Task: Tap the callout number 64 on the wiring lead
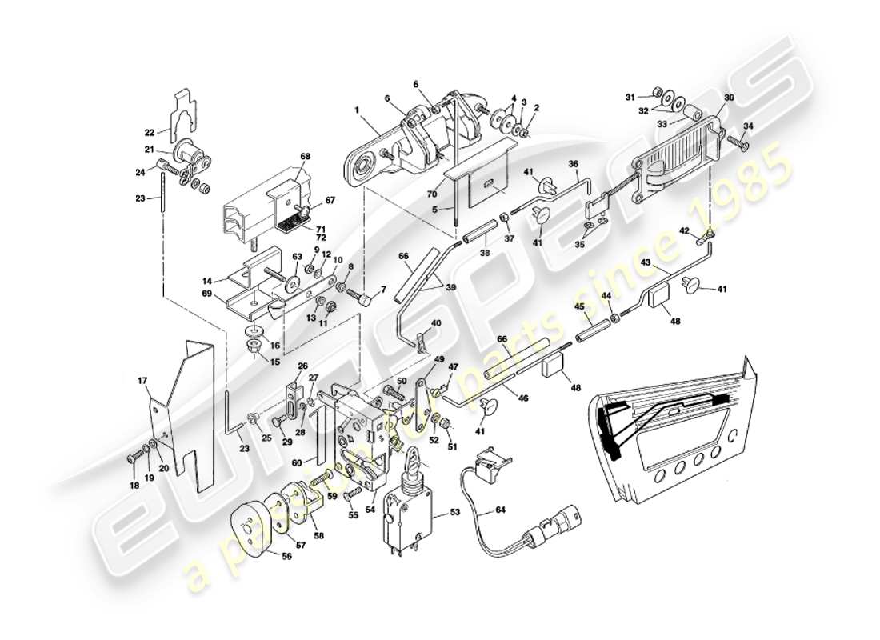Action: pyautogui.click(x=500, y=509)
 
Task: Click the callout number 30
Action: pyautogui.click(x=728, y=97)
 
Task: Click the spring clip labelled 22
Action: pyautogui.click(x=186, y=112)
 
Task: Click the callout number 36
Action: pyautogui.click(x=573, y=164)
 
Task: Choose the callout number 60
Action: pyautogui.click(x=296, y=463)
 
